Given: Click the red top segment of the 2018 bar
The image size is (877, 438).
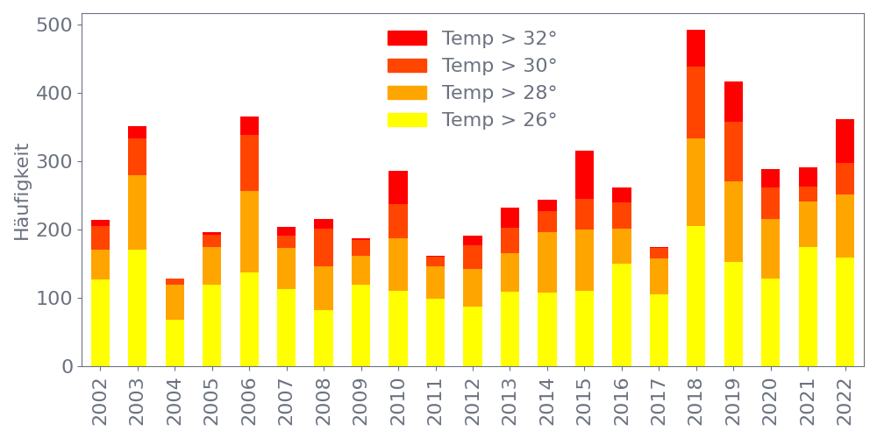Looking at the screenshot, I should pos(696,48).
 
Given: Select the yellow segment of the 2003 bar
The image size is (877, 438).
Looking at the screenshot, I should pos(138,307).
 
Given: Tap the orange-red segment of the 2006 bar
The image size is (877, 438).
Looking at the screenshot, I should pos(249,163).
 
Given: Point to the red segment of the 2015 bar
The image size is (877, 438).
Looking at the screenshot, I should pos(584,175).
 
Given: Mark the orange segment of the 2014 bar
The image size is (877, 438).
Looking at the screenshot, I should pos(547,262).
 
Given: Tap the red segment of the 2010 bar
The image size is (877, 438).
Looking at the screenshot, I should pos(398,187).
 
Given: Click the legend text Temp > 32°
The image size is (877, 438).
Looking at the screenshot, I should pos(499,39).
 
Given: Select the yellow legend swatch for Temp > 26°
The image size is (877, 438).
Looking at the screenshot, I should pos(407,120).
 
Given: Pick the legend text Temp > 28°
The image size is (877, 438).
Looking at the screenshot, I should pos(499,93).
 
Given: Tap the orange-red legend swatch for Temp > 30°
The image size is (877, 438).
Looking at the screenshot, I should pos(407,66).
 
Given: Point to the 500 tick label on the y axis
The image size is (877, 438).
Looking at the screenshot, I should pos(54,25).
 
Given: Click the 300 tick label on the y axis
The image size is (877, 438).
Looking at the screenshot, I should pos(54,161).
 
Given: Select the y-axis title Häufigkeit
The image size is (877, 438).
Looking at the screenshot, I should pos(22,192).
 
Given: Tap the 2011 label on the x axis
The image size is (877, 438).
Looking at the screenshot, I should pos(436,400).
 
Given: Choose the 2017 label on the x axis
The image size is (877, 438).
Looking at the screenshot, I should pos(659,400).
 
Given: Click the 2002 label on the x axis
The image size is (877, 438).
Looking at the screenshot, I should pos(101,400).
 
